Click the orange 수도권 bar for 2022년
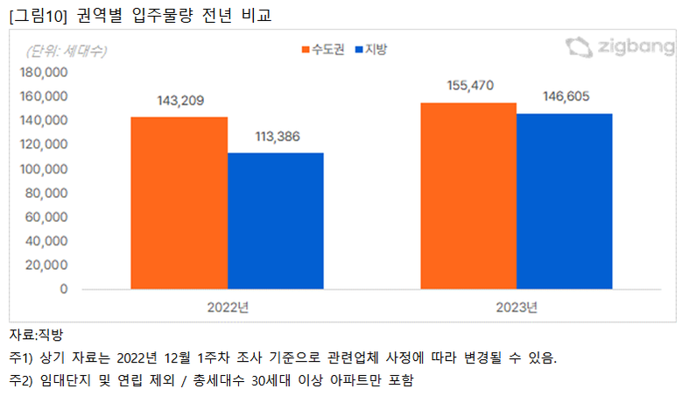pyautogui.click(x=179, y=202)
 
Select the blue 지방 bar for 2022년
pyautogui.click(x=275, y=221)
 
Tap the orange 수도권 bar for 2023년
pyautogui.click(x=468, y=195)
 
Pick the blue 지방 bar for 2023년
pyautogui.click(x=564, y=201)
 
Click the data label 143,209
pyautogui.click(x=179, y=101)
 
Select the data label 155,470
pyautogui.click(x=469, y=86)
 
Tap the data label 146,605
pyautogui.click(x=564, y=96)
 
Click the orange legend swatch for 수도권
pyautogui.click(x=306, y=50)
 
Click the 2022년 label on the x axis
pyautogui.click(x=229, y=307)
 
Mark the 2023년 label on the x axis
pyautogui.click(x=516, y=307)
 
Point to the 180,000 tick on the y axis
pyautogui.click(x=44, y=72)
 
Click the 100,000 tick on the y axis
pyautogui.click(x=44, y=168)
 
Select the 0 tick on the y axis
pyautogui.click(x=64, y=288)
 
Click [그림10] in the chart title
pyautogui.click(x=32, y=13)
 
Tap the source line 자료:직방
pyautogui.click(x=36, y=334)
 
